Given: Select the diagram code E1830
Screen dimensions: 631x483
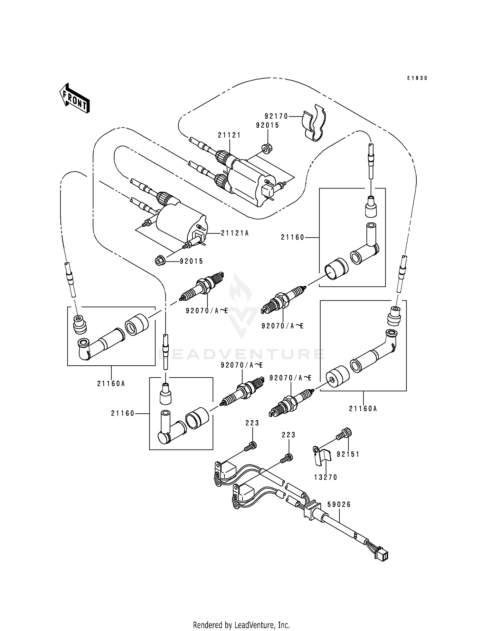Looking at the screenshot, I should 417,78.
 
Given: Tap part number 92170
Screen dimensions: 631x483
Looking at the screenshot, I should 276,116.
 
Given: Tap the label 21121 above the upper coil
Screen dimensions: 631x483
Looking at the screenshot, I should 229,135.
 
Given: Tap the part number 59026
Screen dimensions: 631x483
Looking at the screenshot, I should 339,504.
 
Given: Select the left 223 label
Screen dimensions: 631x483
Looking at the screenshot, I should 252,423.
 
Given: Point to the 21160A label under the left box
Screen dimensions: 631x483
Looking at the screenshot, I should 111,383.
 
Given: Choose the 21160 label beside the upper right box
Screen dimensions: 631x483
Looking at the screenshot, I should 292,237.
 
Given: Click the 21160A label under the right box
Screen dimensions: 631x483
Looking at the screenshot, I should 363,408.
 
